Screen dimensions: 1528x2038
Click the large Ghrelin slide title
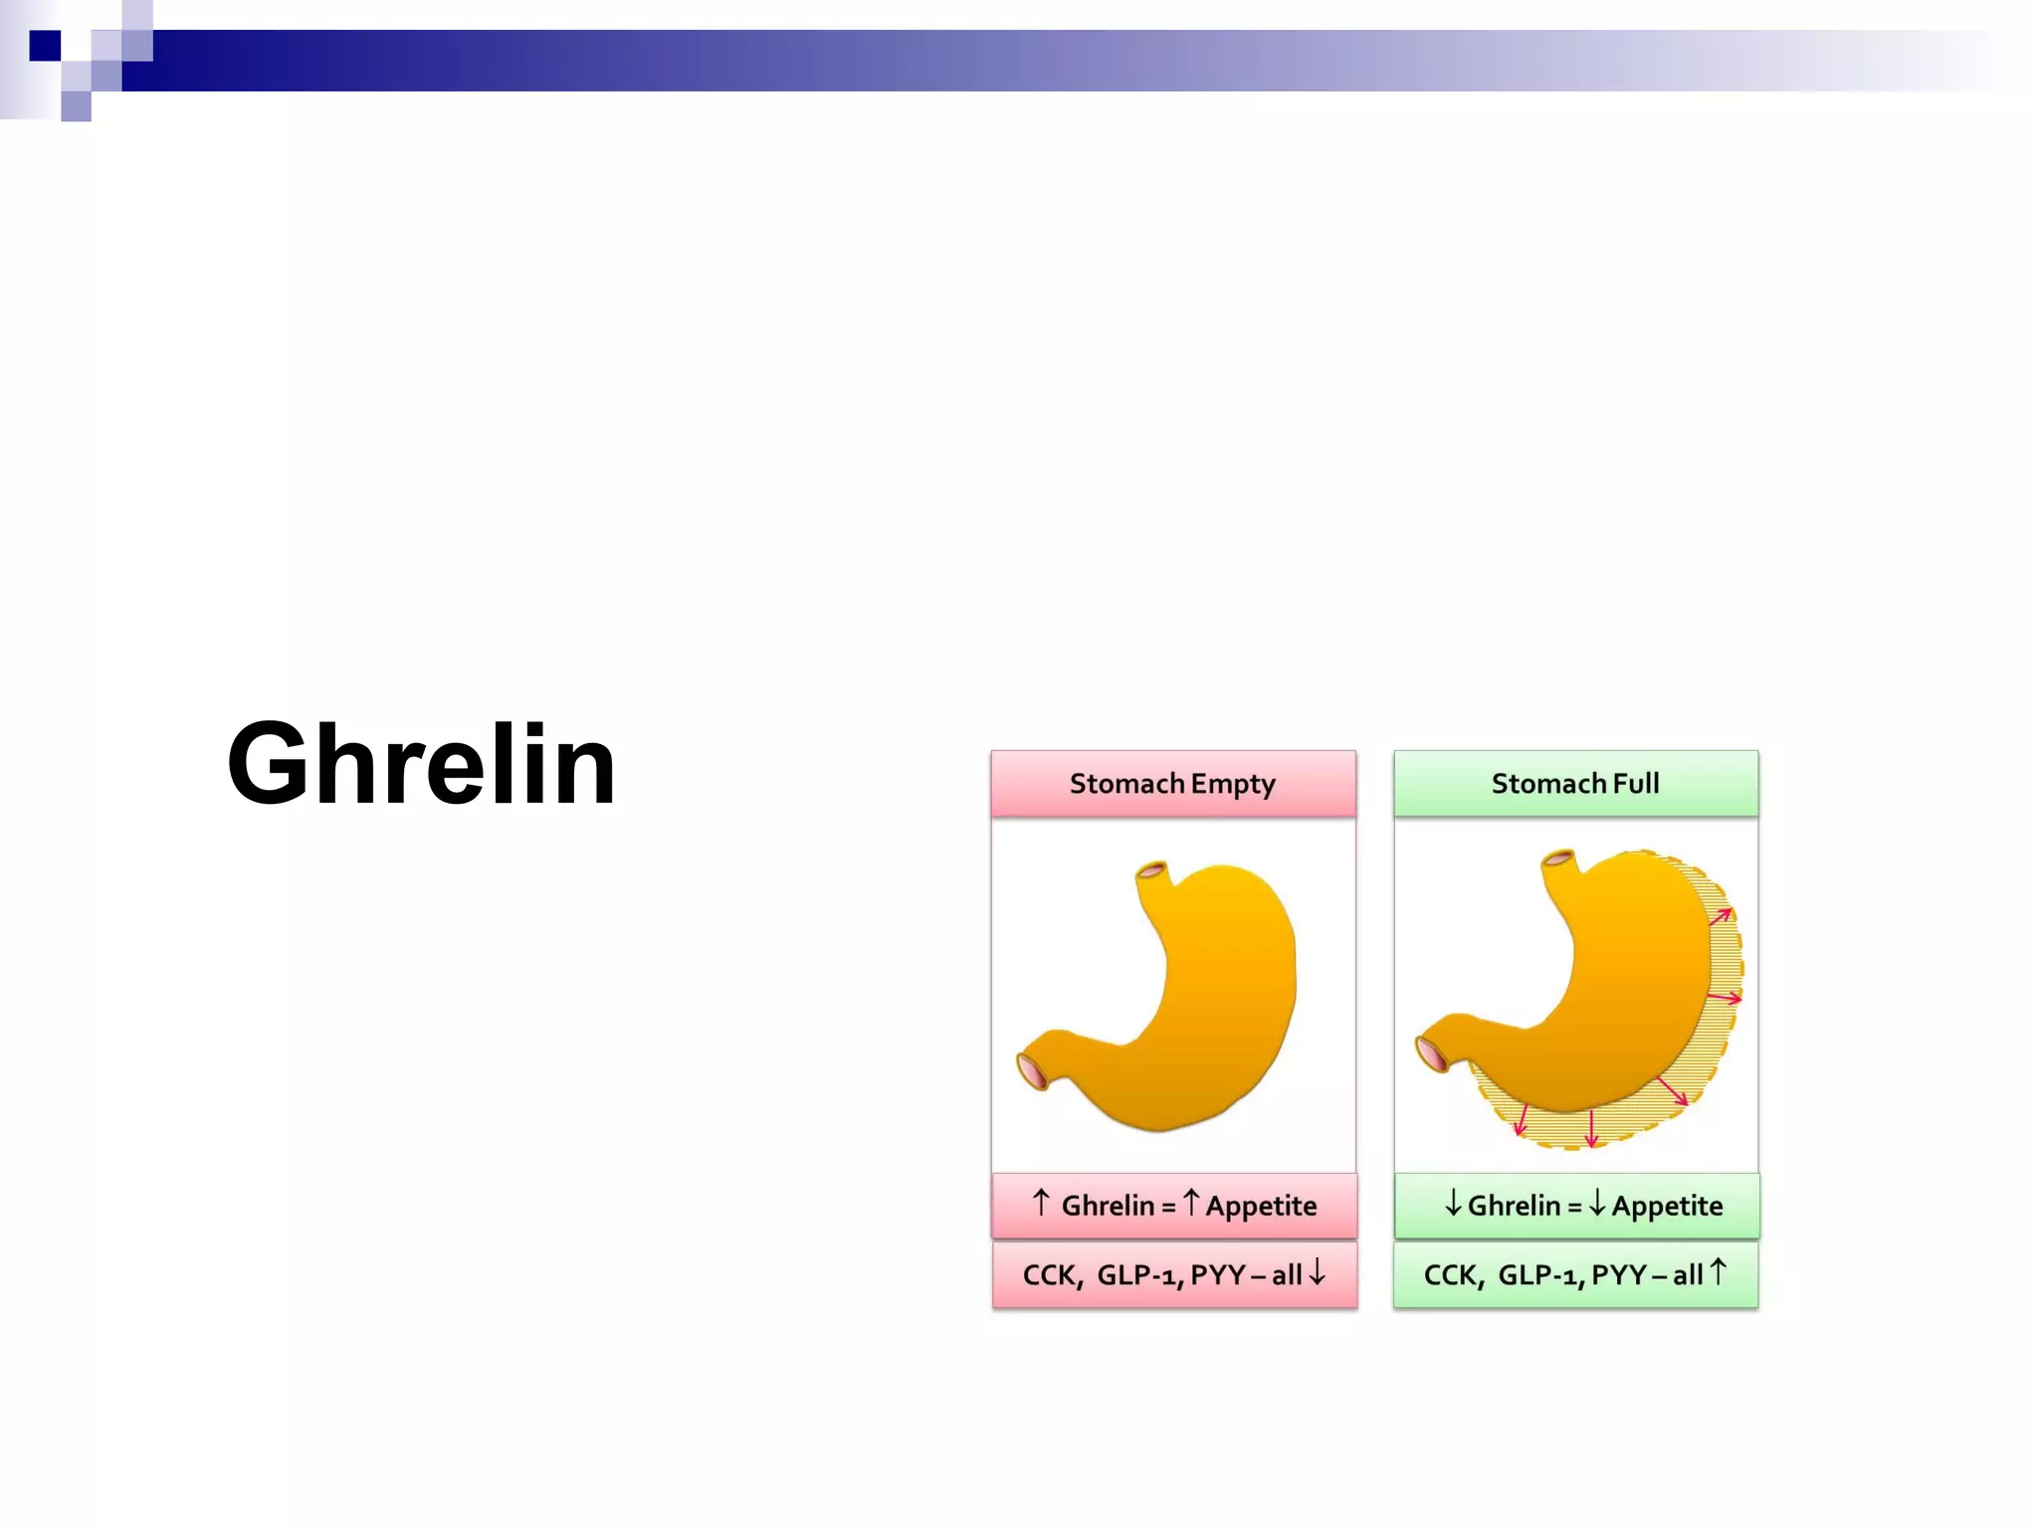coord(421,764)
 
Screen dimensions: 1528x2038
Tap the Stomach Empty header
coord(1172,784)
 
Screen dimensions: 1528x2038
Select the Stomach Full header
coord(1575,784)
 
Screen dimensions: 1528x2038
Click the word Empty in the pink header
coord(1233,785)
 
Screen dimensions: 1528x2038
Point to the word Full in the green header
coord(1636,784)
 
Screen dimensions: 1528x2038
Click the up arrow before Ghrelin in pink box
coord(1041,1203)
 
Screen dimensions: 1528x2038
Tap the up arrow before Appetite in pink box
coord(1190,1203)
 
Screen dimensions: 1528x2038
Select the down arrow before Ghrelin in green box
coord(1453,1204)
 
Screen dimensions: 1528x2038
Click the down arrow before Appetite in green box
coord(1597,1204)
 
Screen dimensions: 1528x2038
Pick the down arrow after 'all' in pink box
coord(1318,1272)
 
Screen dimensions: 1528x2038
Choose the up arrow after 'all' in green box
coord(1718,1272)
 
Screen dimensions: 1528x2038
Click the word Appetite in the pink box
coord(1261,1207)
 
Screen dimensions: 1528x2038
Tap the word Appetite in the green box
coord(1667,1207)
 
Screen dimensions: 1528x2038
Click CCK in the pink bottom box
coord(1049,1275)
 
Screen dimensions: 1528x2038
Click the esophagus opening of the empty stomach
coord(1151,871)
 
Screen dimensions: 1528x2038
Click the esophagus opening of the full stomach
coord(1557,859)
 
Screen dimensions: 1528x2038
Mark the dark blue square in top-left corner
coord(45,46)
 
